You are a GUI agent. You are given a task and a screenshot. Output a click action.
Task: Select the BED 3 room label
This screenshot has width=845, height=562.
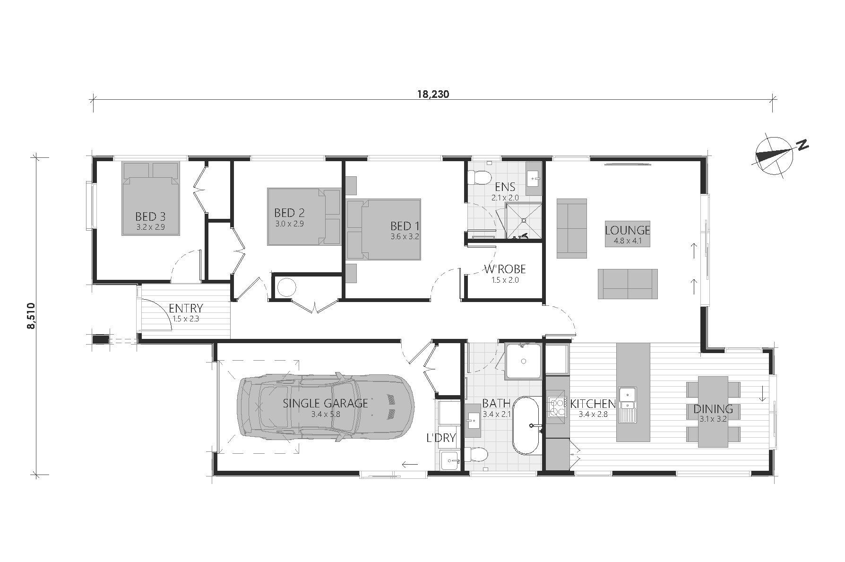click(150, 217)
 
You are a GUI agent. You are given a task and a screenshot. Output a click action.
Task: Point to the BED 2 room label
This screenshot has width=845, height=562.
click(289, 213)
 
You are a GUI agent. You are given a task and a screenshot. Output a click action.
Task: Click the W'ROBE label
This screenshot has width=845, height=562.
click(505, 269)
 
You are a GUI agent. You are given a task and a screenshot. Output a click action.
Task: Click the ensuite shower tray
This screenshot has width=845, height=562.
click(523, 221)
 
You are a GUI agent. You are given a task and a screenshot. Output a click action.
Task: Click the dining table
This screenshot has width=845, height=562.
click(713, 411)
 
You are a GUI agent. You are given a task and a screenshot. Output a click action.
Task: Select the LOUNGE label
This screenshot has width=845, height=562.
click(628, 230)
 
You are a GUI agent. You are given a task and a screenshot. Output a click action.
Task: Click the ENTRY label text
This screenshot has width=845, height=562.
click(186, 308)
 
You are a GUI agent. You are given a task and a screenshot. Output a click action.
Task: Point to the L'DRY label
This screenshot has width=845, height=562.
click(441, 438)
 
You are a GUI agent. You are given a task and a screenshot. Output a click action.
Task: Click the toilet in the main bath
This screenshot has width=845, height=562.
click(476, 455)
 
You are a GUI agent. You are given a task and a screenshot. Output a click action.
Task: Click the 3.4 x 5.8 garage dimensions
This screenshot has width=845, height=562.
click(326, 415)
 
